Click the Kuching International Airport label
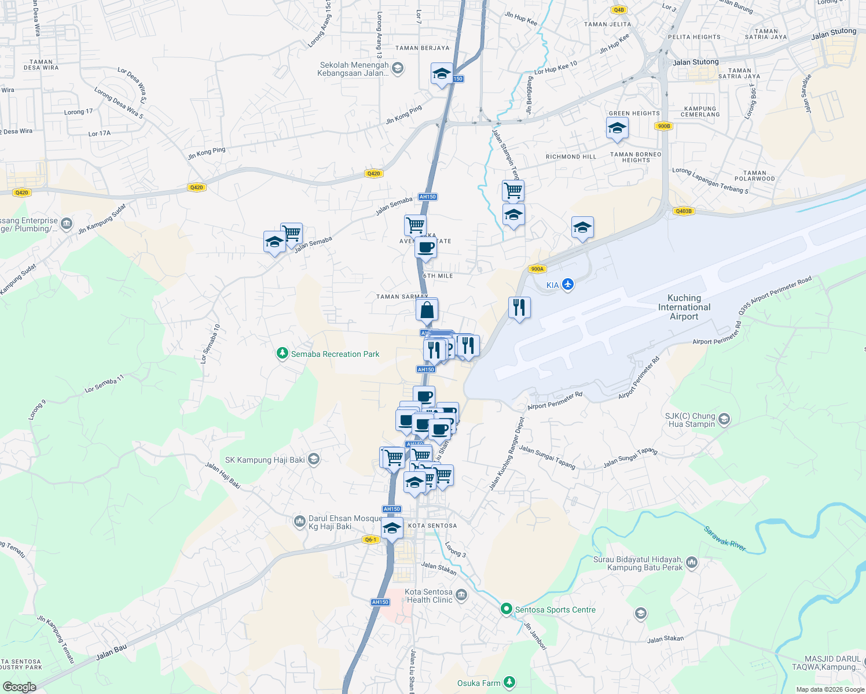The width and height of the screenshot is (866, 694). pos(684,307)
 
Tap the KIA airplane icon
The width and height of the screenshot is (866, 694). pos(568,285)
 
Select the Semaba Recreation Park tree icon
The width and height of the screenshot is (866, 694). pos(282,353)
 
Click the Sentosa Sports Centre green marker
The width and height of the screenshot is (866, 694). pos(507,609)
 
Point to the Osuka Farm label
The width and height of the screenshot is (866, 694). pos(479,683)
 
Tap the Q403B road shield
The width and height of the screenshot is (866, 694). pos(683,211)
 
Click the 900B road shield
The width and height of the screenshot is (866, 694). pos(663,126)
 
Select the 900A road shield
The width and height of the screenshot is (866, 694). pos(537,269)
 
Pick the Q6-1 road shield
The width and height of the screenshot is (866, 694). pos(370,540)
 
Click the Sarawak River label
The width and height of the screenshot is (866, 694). pos(725,538)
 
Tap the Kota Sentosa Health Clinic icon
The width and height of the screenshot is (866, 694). pos(461,595)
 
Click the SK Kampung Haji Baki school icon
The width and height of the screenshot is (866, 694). pos(314,460)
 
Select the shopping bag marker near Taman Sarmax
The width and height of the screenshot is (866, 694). pos(427,310)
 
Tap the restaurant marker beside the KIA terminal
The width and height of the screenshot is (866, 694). pos(519,307)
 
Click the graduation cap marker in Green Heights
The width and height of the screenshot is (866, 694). pos(617,128)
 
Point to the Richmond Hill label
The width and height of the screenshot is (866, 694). pos(571,157)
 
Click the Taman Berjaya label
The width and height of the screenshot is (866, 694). pos(422,48)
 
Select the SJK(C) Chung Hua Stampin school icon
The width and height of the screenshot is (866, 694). pos(724,419)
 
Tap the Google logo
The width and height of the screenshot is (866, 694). pos(19,687)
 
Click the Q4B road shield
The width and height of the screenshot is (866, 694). pos(619,10)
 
